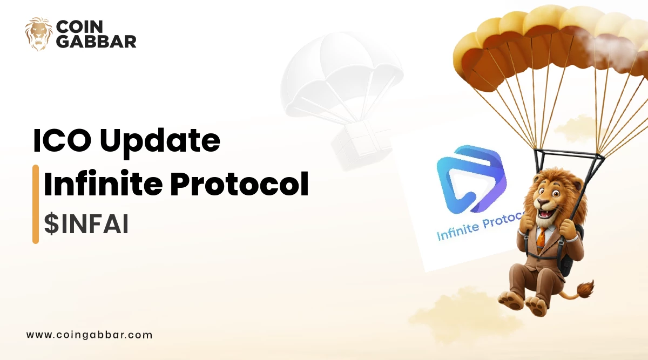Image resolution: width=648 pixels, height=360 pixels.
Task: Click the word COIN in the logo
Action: pyautogui.click(x=79, y=26)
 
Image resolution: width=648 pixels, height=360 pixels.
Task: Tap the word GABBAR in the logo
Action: pyautogui.click(x=96, y=42)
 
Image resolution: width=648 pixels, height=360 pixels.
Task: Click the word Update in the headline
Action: pyautogui.click(x=160, y=142)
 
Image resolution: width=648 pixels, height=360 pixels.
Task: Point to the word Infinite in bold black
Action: pyautogui.click(x=103, y=184)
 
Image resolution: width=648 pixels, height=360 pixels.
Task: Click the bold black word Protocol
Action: pyautogui.click(x=239, y=184)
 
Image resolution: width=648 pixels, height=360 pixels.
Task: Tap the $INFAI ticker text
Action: pyautogui.click(x=86, y=224)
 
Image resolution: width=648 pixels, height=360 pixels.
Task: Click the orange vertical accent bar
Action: pyautogui.click(x=36, y=204)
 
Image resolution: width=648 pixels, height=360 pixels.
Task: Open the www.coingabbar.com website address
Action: pyautogui.click(x=90, y=335)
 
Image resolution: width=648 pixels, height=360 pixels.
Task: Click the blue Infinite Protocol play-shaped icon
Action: pyautogui.click(x=471, y=179)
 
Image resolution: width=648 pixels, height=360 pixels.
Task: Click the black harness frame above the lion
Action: pyautogui.click(x=569, y=162)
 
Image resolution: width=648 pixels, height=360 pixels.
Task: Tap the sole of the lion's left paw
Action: pyautogui.click(x=511, y=301)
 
